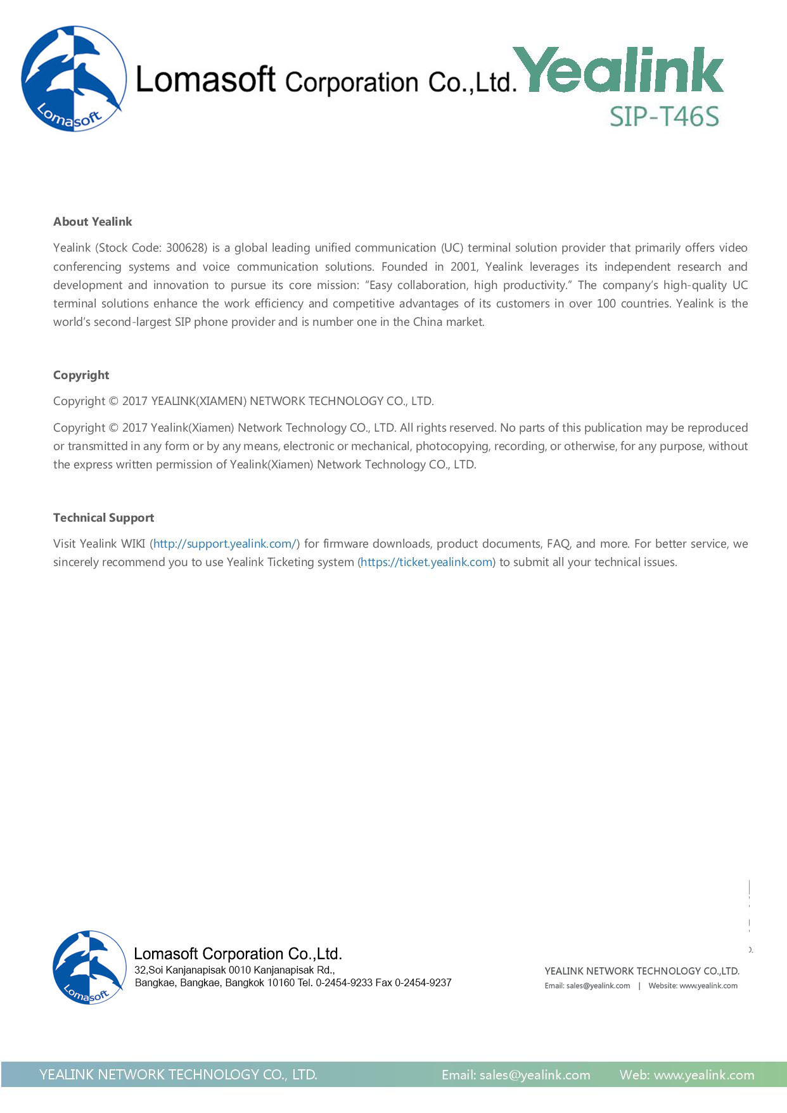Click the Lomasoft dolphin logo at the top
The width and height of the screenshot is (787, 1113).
(73, 79)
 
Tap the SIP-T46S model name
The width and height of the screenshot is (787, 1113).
(664, 117)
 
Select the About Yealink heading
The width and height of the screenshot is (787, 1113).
(93, 222)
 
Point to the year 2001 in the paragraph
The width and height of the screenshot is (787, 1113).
(463, 267)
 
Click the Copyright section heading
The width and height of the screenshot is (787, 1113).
(81, 375)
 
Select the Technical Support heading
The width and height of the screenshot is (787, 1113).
(103, 518)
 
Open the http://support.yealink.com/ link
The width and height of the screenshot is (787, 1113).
(225, 544)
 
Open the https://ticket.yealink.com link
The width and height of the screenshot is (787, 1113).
(426, 562)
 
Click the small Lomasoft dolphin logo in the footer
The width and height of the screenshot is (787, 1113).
(89, 967)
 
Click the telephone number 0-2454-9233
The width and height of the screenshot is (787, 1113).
(344, 983)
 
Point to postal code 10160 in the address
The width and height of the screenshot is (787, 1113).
(281, 983)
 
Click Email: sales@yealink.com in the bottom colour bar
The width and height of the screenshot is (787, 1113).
(516, 1075)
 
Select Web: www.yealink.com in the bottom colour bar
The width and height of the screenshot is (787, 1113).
(687, 1075)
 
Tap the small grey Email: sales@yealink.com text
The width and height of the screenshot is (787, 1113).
(587, 986)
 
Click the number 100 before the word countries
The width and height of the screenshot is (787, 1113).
(606, 304)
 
